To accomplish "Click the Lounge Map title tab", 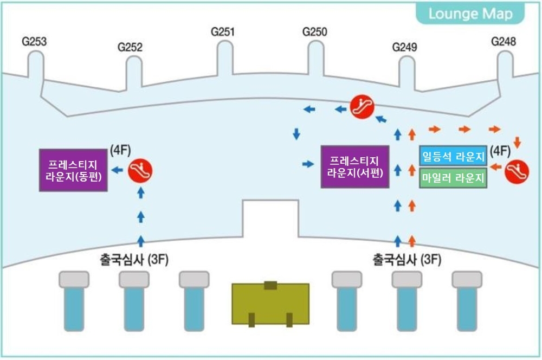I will tap(470, 14).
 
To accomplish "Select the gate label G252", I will tap(130, 48).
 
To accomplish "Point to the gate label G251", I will tap(223, 32).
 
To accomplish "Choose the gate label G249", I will tap(405, 48).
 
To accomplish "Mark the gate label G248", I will tap(504, 42).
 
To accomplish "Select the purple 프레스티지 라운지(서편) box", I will tap(355, 167).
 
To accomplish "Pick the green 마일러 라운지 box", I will tap(453, 178).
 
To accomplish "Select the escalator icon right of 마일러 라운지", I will tap(516, 171).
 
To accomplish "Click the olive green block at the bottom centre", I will tap(270, 304).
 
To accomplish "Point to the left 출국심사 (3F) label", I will tap(134, 259).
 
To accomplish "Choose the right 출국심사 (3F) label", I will tap(406, 259).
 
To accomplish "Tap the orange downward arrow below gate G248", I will tap(517, 142).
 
